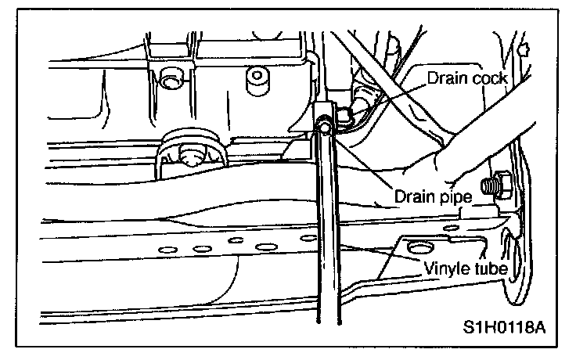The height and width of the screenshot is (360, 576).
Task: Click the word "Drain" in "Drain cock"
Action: click(x=445, y=78)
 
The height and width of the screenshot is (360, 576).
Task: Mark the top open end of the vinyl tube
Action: click(x=322, y=124)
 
